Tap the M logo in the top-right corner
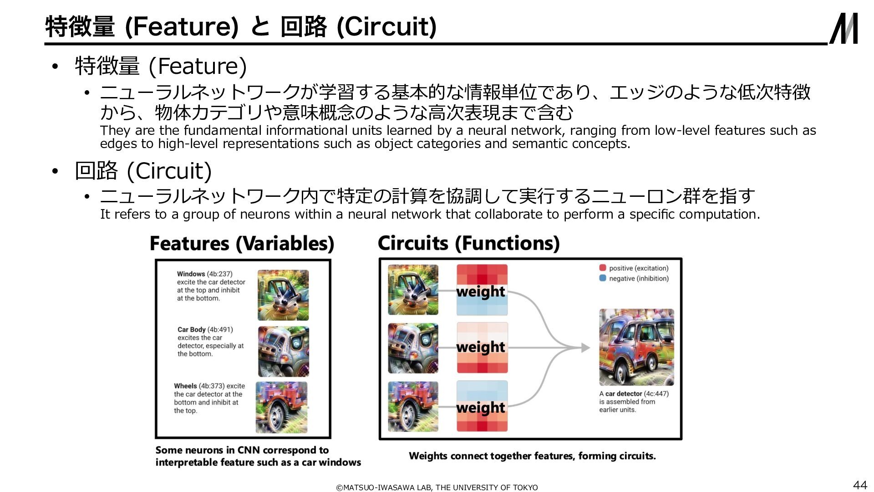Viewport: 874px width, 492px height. click(x=844, y=28)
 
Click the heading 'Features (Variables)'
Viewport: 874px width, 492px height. click(x=242, y=243)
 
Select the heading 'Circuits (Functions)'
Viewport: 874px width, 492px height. click(x=468, y=243)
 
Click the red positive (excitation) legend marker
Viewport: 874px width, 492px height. click(x=603, y=268)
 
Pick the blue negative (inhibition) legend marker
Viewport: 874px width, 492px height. click(x=603, y=278)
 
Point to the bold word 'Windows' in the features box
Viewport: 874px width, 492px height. click(x=191, y=274)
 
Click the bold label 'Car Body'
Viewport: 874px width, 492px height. click(x=192, y=329)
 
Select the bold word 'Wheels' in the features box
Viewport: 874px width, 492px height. click(x=185, y=386)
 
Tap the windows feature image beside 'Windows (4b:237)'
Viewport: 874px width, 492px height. click(x=283, y=295)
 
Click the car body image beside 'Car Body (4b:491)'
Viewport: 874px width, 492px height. click(x=283, y=351)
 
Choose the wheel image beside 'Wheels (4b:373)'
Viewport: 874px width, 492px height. click(x=281, y=407)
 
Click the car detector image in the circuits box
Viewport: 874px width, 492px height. click(x=636, y=347)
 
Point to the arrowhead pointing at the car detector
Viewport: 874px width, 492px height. click(x=585, y=348)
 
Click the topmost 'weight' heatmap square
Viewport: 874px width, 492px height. click(x=482, y=290)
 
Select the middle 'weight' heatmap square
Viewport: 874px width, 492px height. click(x=482, y=348)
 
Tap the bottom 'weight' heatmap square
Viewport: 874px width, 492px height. click(x=482, y=406)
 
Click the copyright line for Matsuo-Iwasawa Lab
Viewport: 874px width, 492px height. click(x=437, y=487)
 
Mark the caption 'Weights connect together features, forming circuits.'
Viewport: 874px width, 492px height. click(x=532, y=456)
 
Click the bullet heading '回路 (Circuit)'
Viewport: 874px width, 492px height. click(x=143, y=171)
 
